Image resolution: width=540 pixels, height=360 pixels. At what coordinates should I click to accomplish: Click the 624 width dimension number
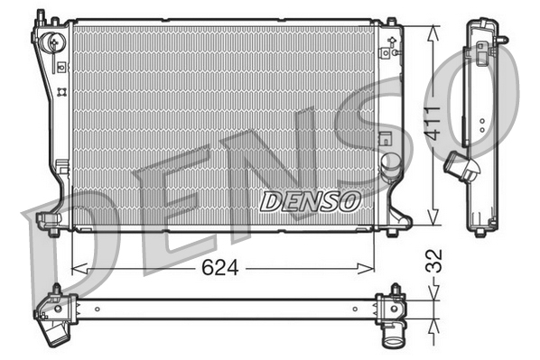click(x=220, y=267)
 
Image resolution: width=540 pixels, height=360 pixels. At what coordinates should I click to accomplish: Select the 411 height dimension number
click(x=434, y=125)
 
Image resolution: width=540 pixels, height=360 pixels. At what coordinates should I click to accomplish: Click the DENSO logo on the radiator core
click(x=310, y=200)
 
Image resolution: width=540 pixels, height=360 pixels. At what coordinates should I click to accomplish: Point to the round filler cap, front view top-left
click(x=55, y=41)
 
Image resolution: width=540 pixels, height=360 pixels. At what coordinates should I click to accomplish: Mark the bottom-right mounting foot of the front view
click(x=392, y=231)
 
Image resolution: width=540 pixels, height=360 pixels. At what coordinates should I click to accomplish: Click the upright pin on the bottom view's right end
click(x=395, y=291)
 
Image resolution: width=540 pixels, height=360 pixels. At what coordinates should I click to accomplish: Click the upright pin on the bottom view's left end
click(x=56, y=290)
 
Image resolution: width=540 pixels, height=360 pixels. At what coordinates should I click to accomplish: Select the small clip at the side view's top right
click(x=502, y=40)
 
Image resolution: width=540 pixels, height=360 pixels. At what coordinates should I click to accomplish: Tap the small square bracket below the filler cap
click(x=61, y=66)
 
